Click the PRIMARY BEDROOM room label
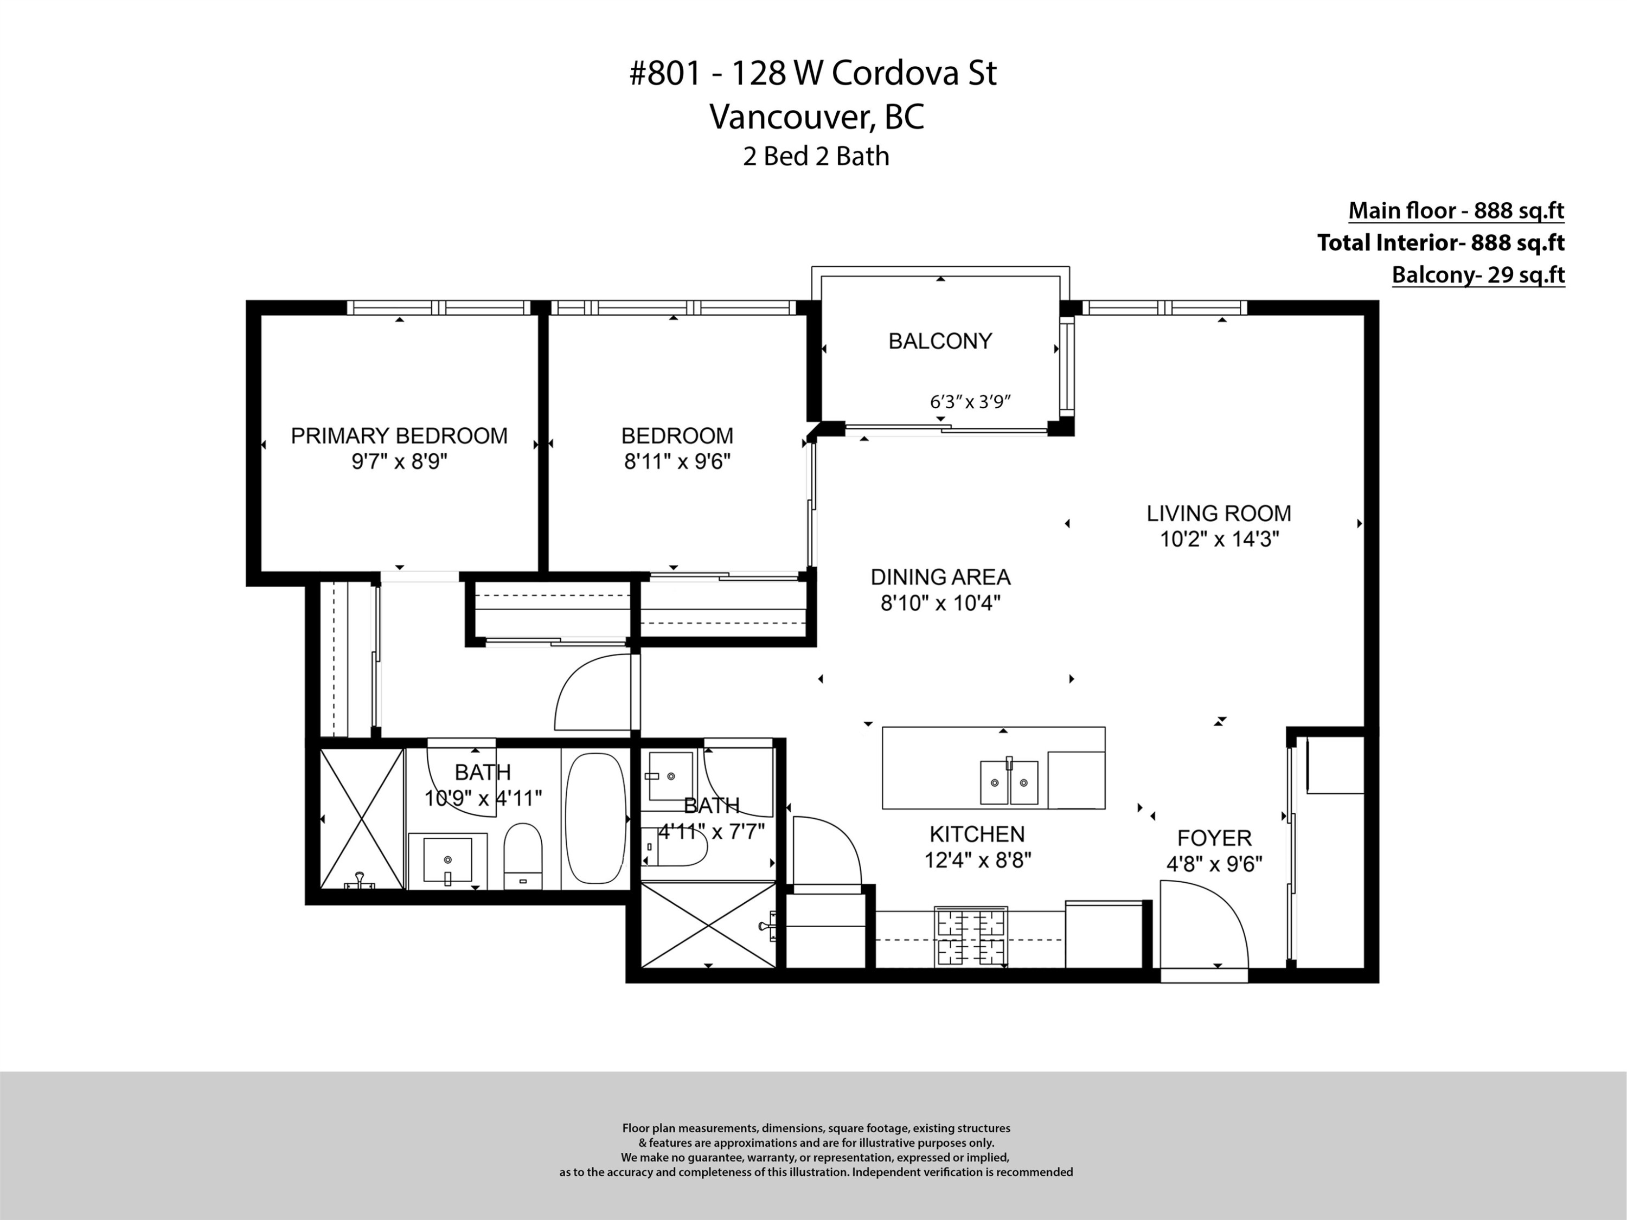point(399,436)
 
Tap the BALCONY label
point(940,341)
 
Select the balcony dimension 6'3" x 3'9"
point(971,402)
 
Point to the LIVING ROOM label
point(1219,513)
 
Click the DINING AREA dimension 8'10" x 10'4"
point(941,603)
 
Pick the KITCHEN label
point(977,834)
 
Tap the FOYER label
point(1214,838)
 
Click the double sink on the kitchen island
point(1009,782)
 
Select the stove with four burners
point(971,936)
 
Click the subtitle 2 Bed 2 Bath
point(816,157)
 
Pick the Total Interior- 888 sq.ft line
point(1440,243)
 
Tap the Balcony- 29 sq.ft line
point(1478,275)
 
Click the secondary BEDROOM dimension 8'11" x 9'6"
point(677,463)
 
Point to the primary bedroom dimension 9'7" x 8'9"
point(399,463)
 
